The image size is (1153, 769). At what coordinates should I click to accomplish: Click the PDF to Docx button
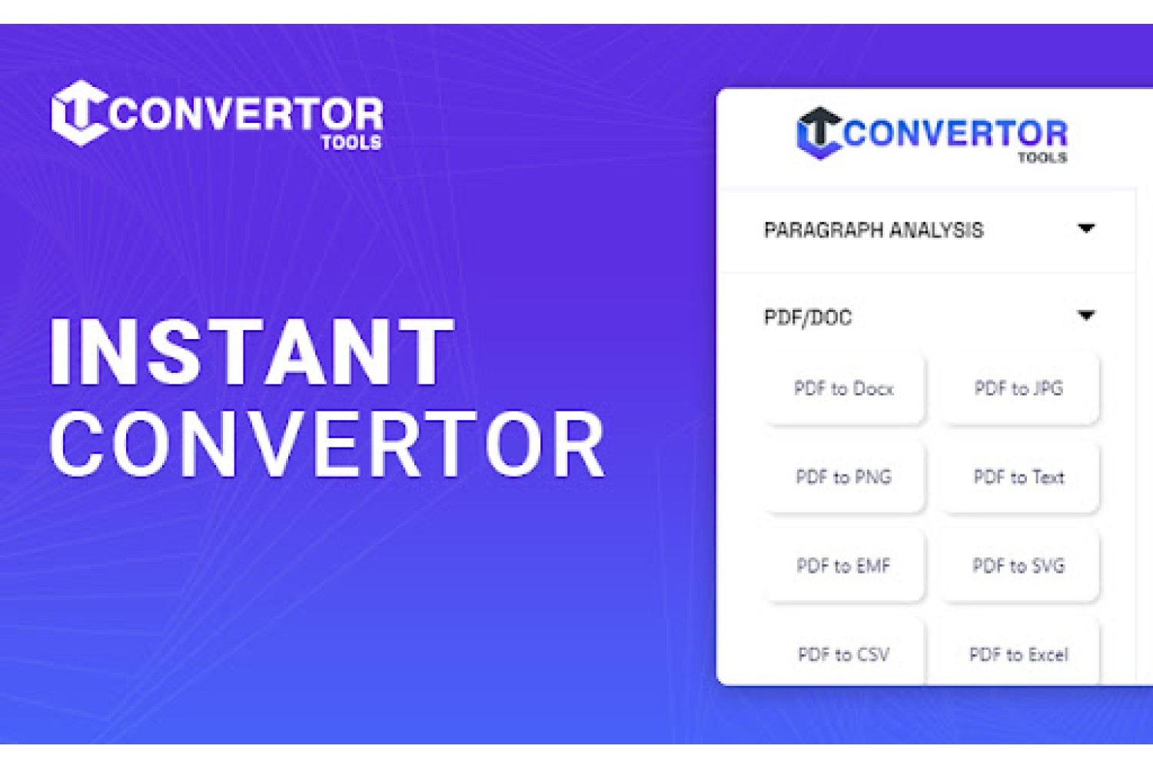[x=844, y=388]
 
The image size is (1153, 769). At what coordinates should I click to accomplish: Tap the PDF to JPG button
[x=1019, y=388]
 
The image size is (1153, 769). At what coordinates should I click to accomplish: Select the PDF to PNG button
[x=844, y=477]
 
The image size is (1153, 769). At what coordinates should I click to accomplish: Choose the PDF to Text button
[x=1019, y=477]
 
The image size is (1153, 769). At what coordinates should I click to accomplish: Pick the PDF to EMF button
[x=844, y=565]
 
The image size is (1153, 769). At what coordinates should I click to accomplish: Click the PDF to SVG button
[x=1019, y=565]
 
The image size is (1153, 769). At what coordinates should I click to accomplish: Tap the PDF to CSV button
[x=844, y=653]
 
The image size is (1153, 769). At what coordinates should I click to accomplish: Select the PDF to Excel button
[x=1019, y=653]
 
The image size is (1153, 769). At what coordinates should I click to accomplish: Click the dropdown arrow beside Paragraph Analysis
[x=1086, y=228]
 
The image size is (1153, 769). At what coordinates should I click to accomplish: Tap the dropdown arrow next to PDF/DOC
[x=1086, y=315]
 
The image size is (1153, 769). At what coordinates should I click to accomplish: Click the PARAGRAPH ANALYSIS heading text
[x=873, y=230]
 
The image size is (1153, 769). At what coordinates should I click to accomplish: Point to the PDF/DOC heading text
[x=808, y=318]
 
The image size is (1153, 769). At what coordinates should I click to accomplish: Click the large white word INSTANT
[x=251, y=351]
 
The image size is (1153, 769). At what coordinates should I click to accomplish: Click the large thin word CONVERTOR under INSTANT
[x=327, y=444]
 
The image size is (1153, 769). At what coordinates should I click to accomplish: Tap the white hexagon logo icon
[x=80, y=113]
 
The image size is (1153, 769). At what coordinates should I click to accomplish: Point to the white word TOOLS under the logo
[x=351, y=142]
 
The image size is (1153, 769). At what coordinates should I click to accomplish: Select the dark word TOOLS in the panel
[x=1042, y=158]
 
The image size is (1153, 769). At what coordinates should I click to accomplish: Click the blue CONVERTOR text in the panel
[x=955, y=133]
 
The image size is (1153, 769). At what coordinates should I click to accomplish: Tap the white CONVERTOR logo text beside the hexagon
[x=246, y=113]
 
